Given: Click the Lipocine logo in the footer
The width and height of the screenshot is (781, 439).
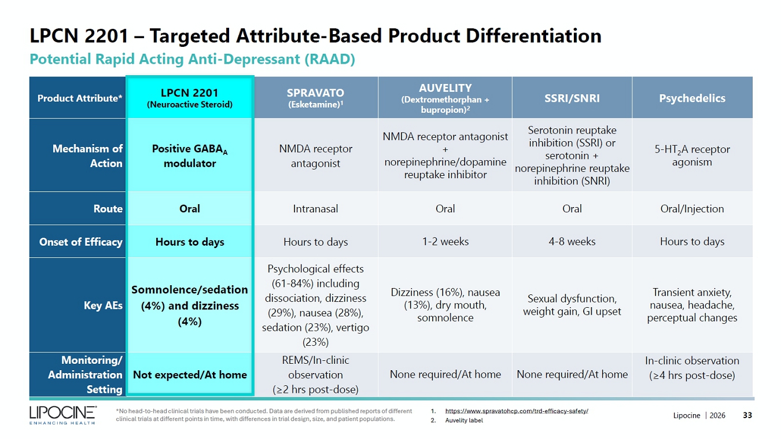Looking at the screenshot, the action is pyautogui.click(x=62, y=415).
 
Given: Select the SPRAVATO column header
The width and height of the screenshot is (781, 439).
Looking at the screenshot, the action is pyautogui.click(x=315, y=98).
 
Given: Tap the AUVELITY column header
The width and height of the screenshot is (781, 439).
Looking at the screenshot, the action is pyautogui.click(x=445, y=98).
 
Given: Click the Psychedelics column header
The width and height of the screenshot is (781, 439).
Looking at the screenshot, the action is pyautogui.click(x=692, y=98).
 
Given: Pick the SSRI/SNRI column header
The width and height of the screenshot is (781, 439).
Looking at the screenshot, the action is pyautogui.click(x=572, y=98).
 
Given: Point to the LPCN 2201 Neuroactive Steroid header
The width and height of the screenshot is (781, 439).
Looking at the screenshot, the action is pyautogui.click(x=190, y=98).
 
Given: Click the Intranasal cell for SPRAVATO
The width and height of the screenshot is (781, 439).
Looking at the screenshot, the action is pyautogui.click(x=315, y=209).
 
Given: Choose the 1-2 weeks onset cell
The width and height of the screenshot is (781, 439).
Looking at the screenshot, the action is pyautogui.click(x=445, y=241).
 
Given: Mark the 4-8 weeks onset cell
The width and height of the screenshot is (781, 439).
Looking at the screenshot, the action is pyautogui.click(x=572, y=241).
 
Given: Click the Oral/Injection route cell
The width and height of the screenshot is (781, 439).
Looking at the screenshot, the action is pyautogui.click(x=692, y=209).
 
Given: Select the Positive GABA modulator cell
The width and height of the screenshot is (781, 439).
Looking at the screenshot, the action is pyautogui.click(x=190, y=156).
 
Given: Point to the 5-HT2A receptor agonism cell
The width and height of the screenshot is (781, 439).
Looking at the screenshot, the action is pyautogui.click(x=692, y=156).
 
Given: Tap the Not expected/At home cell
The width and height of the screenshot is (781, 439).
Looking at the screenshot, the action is pyautogui.click(x=190, y=374).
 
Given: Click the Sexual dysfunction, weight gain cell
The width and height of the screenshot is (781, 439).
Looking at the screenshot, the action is pyautogui.click(x=572, y=305).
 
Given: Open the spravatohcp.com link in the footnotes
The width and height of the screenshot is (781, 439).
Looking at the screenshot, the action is pyautogui.click(x=517, y=411).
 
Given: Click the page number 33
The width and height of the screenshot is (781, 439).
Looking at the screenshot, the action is pyautogui.click(x=747, y=415).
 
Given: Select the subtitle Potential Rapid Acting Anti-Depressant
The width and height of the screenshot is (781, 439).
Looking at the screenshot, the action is pyautogui.click(x=193, y=59).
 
